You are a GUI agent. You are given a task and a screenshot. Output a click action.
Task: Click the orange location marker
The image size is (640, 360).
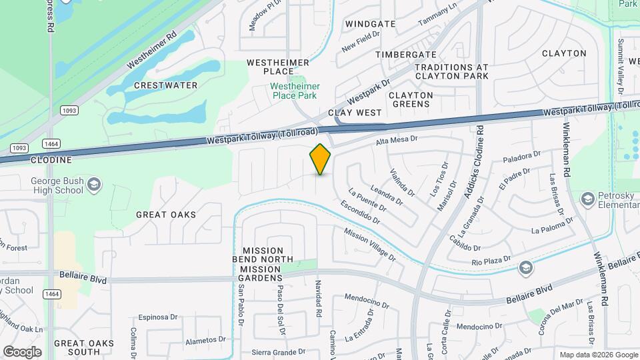pos(321,159)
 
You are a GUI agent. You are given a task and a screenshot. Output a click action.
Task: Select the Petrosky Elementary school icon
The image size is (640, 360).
pos(587,199)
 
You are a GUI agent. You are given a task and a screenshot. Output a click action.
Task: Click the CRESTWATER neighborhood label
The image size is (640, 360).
pos(165,85)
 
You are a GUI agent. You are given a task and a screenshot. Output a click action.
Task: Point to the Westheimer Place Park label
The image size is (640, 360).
pos(296,91)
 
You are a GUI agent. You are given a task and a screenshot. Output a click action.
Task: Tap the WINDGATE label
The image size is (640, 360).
pos(370,24)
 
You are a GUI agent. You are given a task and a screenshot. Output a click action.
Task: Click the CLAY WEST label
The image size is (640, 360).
pos(354,113)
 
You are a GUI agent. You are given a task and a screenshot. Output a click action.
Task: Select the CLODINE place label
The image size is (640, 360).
pos(51,160)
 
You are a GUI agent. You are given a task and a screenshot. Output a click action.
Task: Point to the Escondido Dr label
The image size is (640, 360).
pos(359,211)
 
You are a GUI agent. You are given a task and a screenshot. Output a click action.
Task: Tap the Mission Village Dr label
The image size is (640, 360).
pos(365,243)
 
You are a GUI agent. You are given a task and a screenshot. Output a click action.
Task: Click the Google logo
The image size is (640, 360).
pos(22,351)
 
